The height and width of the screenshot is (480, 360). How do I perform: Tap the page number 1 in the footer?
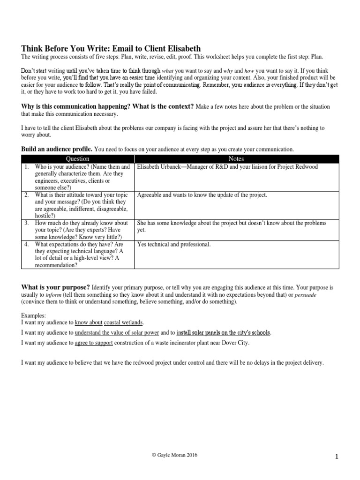[337, 457]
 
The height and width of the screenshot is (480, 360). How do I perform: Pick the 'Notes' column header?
[236, 159]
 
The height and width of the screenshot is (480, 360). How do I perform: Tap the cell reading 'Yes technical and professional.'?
[174, 244]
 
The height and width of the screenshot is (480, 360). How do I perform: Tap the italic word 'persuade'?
[307, 294]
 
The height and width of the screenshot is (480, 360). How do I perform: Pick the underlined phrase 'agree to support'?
[93, 343]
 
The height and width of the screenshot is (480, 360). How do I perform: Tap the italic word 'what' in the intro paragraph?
[167, 70]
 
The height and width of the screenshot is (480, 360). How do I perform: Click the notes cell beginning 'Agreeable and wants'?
[202, 195]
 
